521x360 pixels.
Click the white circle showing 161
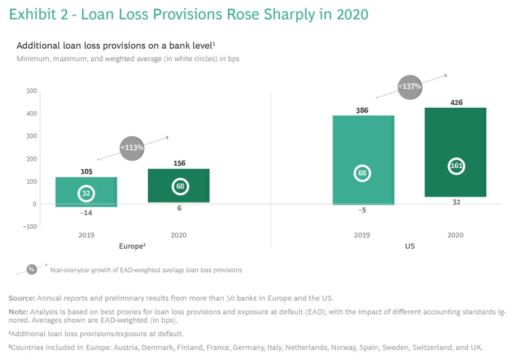coord(456,167)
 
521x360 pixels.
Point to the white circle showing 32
coord(86,194)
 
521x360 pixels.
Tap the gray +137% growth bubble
coord(410,87)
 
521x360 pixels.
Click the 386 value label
coord(362,109)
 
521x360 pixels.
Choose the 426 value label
coord(456,102)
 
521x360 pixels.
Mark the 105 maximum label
coord(86,172)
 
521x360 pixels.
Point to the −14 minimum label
coord(86,213)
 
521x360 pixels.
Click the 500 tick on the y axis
coord(31,91)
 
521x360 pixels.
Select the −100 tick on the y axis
coord(29,226)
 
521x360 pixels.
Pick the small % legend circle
coord(31,269)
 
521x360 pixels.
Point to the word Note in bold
coord(18,311)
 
